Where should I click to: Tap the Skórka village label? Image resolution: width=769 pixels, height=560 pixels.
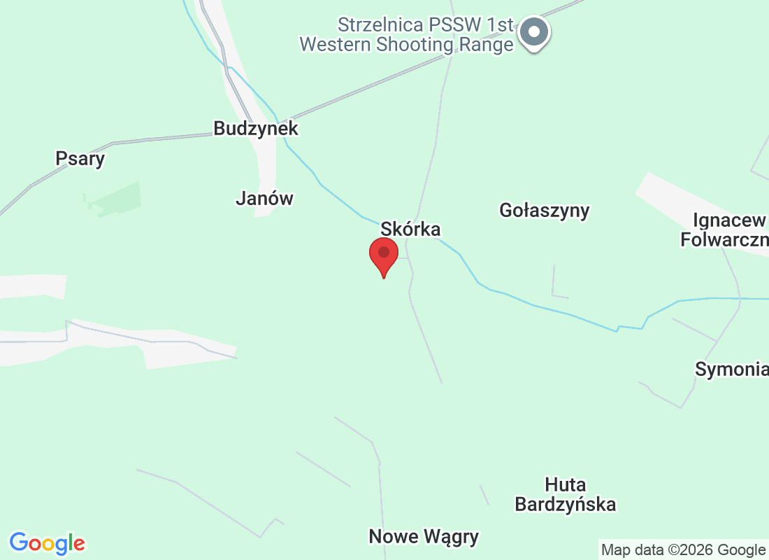(410, 229)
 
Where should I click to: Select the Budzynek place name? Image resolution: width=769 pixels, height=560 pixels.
(256, 129)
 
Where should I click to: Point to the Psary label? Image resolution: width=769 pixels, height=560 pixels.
(80, 159)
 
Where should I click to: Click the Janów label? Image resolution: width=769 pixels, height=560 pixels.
(264, 199)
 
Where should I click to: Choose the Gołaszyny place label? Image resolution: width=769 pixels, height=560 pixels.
(545, 210)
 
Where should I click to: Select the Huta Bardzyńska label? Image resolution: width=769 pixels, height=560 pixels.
(566, 494)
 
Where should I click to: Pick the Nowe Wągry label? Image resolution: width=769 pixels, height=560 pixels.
(424, 537)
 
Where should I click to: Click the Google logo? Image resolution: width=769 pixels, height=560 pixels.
(48, 543)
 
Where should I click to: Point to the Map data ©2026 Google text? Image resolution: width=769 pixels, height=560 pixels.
(683, 549)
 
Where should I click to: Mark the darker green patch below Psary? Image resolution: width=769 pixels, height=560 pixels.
(115, 199)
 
